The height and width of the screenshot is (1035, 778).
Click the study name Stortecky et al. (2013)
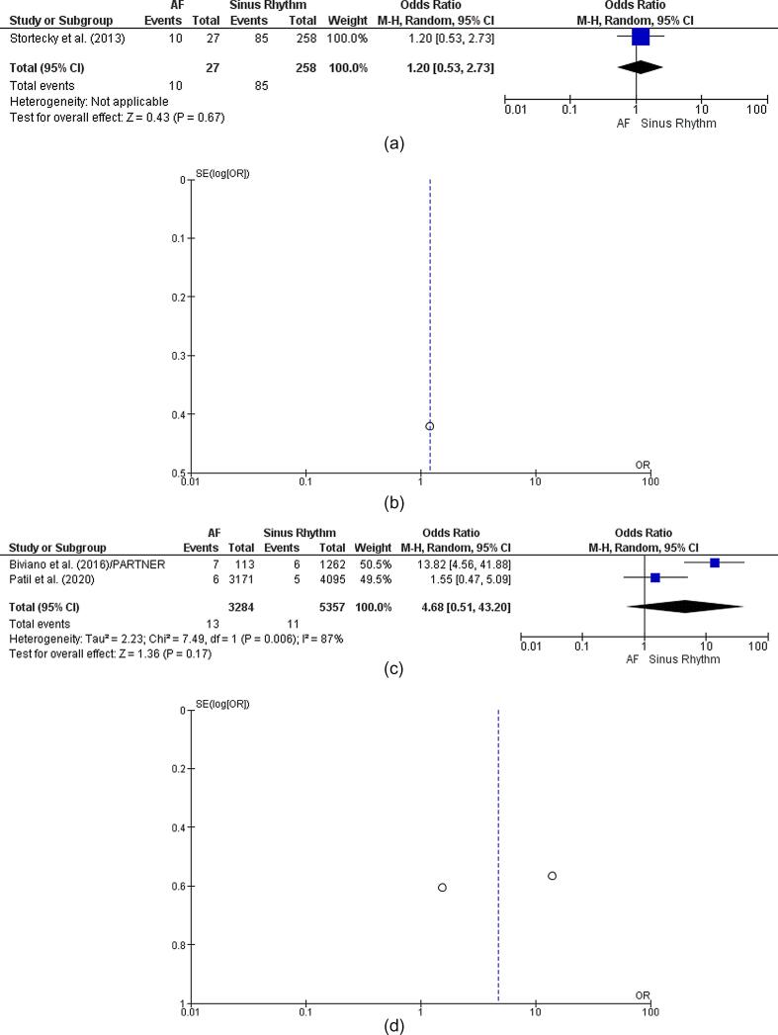click(x=61, y=38)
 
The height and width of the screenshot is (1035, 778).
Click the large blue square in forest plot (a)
click(x=641, y=37)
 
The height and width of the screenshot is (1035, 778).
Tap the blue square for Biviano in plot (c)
click(x=715, y=561)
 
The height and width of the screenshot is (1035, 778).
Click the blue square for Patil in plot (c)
click(x=655, y=576)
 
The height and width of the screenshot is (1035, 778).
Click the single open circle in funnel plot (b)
click(x=429, y=426)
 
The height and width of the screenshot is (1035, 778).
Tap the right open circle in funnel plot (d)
click(x=552, y=876)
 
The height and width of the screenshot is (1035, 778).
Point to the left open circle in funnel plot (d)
click(x=442, y=888)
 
